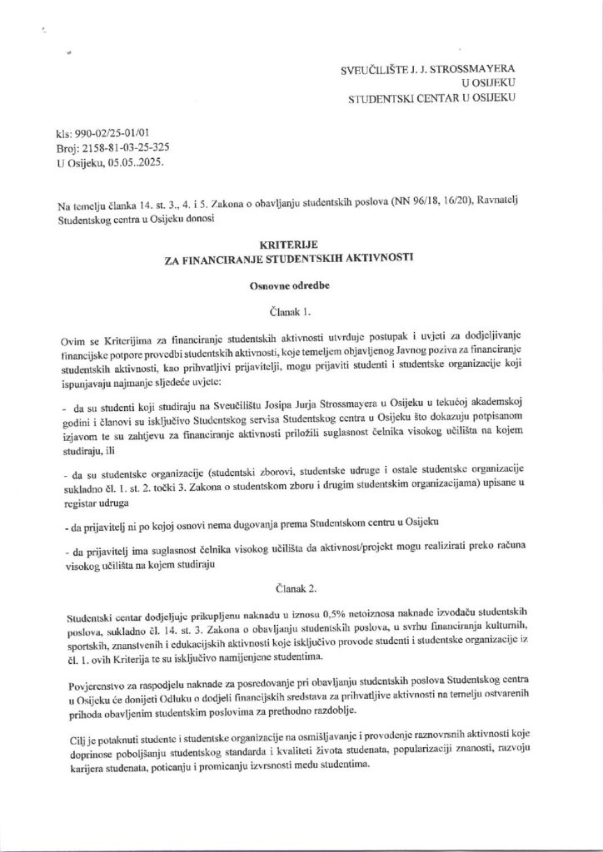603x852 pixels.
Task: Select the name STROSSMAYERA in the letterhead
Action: [477, 72]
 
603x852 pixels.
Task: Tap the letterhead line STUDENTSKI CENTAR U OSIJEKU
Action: [433, 98]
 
